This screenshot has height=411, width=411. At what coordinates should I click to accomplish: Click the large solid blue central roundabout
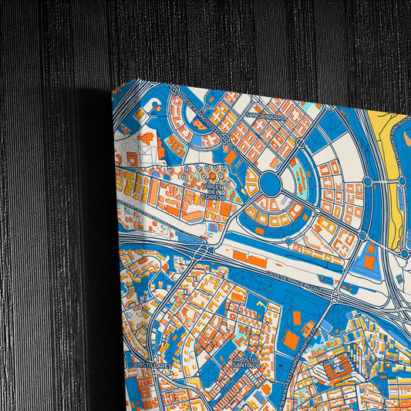pyautogui.click(x=270, y=183)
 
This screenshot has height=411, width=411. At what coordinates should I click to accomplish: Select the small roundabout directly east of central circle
pyautogui.click(x=368, y=183)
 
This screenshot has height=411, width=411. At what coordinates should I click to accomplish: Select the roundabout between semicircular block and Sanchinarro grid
pyautogui.click(x=224, y=140)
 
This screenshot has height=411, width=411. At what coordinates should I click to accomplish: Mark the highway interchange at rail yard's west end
pyautogui.click(x=203, y=252)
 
